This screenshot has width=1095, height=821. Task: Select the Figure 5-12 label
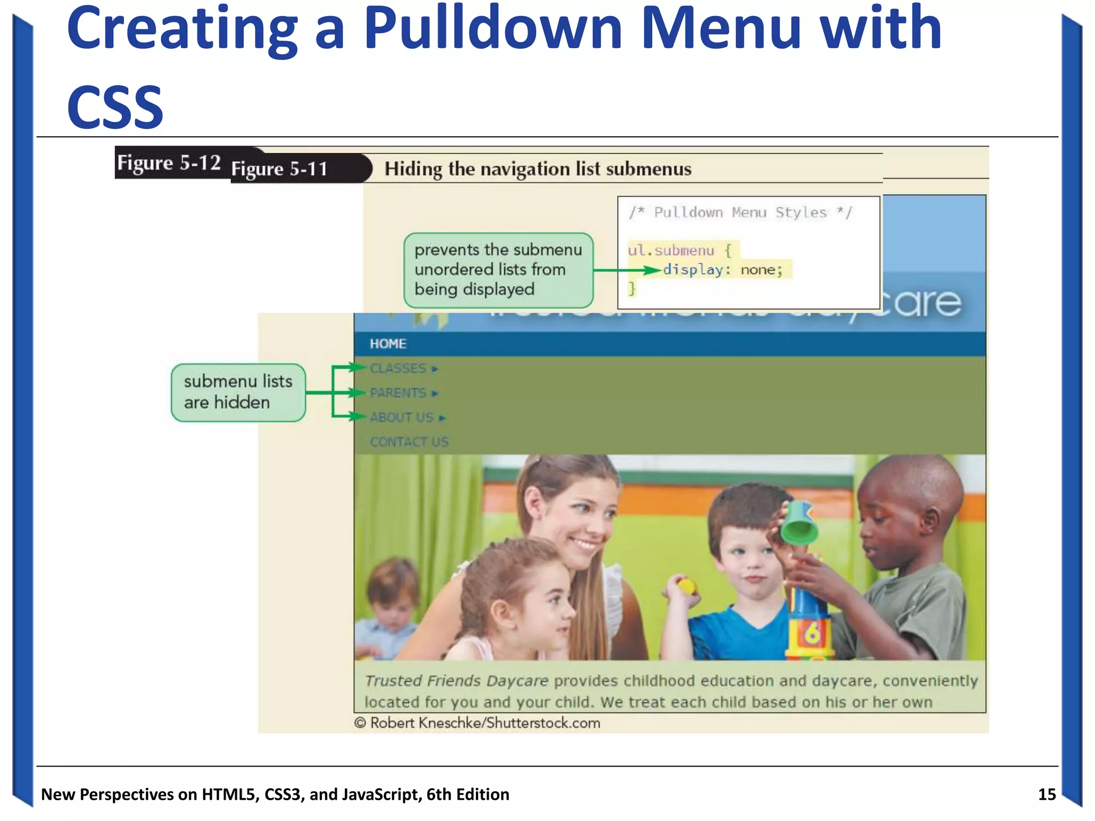169,162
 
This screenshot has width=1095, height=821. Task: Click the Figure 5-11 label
279,169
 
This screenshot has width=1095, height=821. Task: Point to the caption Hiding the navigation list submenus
537,169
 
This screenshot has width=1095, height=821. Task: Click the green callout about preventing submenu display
498,270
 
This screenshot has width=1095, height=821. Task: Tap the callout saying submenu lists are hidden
238,392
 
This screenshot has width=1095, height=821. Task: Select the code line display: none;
722,270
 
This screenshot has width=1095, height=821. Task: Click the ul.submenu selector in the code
671,250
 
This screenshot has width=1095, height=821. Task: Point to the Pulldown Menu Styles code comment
740,213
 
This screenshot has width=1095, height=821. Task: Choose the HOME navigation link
388,344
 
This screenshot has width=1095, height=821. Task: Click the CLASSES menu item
398,368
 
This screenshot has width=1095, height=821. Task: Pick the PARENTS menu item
398,393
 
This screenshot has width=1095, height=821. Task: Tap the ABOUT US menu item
402,417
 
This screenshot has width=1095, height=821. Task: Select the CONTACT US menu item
409,442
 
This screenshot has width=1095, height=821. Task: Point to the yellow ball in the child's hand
686,586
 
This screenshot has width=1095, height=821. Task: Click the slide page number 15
1047,794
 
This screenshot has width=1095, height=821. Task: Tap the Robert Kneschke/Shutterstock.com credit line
477,723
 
